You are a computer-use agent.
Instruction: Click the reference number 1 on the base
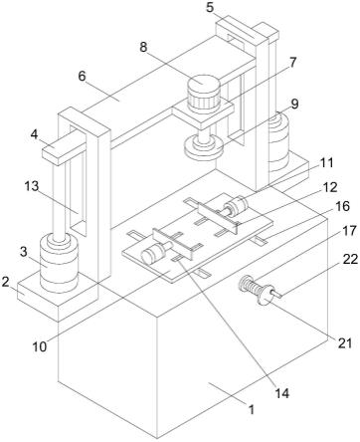tap(252, 409)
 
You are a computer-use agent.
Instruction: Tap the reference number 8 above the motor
tap(143, 47)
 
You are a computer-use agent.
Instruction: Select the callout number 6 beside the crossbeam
tap(82, 76)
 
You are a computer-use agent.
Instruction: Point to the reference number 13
tap(32, 186)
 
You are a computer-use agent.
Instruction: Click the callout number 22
tap(350, 260)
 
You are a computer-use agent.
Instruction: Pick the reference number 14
tap(281, 393)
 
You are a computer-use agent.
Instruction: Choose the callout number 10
tap(40, 346)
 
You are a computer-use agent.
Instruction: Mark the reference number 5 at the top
tap(210, 7)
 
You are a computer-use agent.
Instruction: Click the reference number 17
tap(349, 231)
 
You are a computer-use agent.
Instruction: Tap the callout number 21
tap(345, 343)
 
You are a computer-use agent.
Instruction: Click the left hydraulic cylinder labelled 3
tap(59, 264)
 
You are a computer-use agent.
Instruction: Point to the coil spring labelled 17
tap(250, 285)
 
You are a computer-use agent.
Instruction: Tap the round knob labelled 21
tap(266, 294)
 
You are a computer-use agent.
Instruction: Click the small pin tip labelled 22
tap(278, 294)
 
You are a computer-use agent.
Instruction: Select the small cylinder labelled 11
tap(236, 207)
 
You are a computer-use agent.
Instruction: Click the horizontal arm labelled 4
tap(65, 148)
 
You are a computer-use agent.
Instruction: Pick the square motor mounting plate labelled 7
tap(203, 113)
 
